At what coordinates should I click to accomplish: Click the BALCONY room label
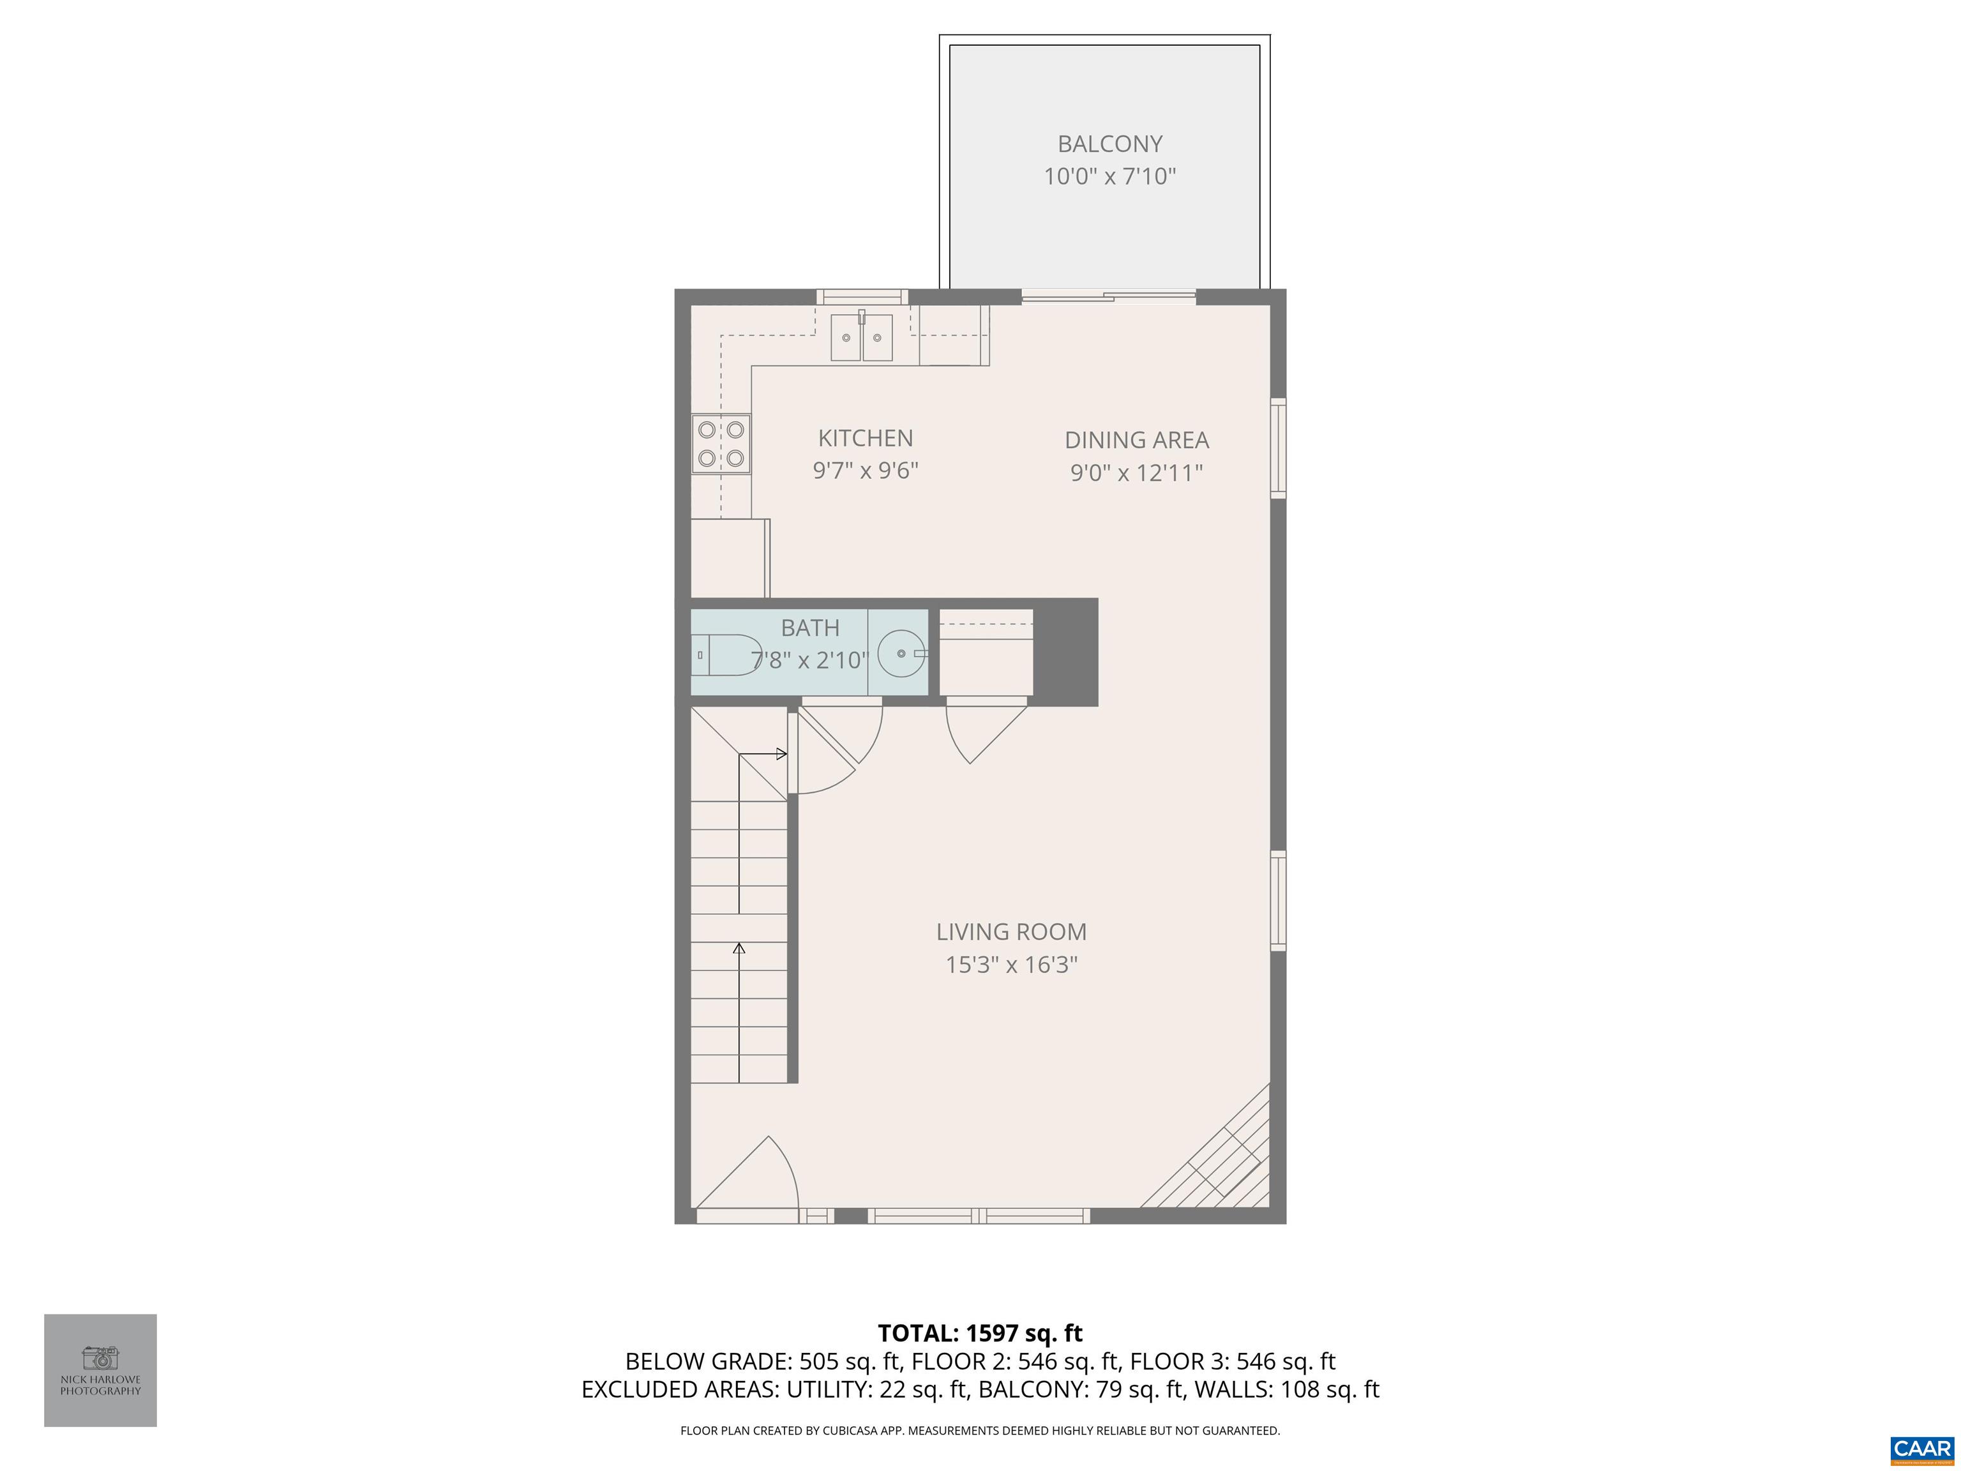point(1109,144)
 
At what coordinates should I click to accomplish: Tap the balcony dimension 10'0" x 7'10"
point(1109,176)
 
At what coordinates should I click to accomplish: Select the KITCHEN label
point(865,438)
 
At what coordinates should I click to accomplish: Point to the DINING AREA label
point(1136,440)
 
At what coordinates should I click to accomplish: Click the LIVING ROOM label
point(1011,932)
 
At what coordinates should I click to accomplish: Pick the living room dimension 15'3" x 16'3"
point(1011,965)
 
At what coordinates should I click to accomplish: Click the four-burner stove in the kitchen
point(721,444)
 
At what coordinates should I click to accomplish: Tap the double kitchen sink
point(862,338)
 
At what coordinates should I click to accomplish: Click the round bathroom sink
point(901,654)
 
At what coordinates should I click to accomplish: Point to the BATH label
point(809,628)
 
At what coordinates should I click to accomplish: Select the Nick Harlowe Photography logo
point(100,1370)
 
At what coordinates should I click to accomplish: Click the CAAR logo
point(1921,1449)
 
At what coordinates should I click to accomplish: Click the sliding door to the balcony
point(1108,297)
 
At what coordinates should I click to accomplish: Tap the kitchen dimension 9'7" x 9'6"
point(865,471)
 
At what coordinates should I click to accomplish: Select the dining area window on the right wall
point(1277,448)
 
